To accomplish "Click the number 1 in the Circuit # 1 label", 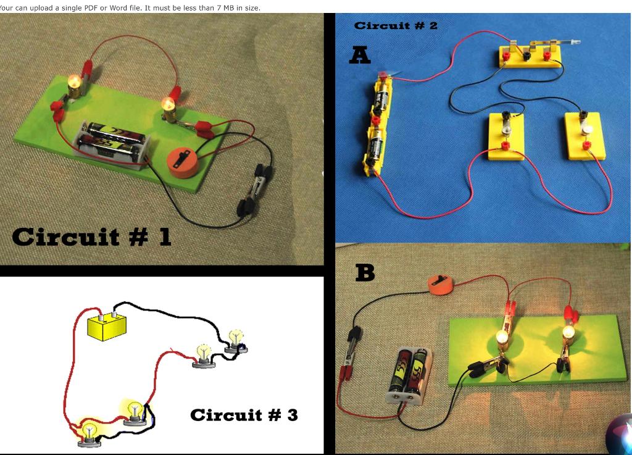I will click(164, 236).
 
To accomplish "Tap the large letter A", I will click(360, 56).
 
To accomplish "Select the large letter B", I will click(365, 272).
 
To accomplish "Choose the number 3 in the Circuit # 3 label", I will click(292, 415).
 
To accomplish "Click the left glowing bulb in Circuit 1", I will click(75, 83).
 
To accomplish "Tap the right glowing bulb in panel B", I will click(568, 334).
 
